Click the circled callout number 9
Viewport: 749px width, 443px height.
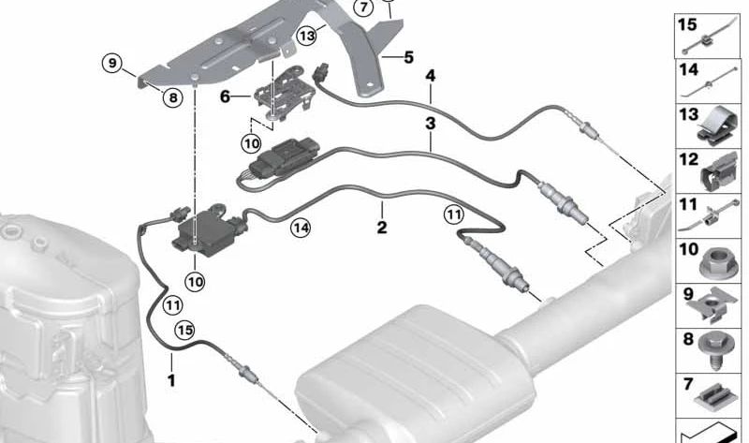coord(111,63)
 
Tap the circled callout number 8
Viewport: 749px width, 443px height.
coord(172,98)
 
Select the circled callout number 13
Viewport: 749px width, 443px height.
coord(306,36)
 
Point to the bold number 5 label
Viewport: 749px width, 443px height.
coord(408,57)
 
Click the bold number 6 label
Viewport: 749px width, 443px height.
coord(226,96)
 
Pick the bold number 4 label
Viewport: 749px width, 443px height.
coord(431,76)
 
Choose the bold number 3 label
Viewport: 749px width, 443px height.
coord(431,124)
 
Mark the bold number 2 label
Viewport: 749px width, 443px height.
coord(382,228)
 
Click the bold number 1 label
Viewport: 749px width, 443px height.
coord(171,380)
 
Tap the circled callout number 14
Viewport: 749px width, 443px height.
coord(301,228)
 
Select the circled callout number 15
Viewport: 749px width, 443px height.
coord(184,331)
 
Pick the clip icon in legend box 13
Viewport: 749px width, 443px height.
coord(715,126)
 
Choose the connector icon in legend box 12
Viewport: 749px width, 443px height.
coord(718,171)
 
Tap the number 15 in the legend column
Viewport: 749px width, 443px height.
coord(688,25)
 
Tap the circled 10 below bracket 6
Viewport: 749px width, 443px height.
coord(251,143)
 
